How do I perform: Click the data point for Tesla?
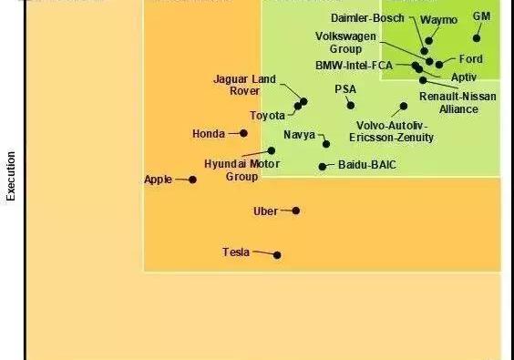[x=277, y=255]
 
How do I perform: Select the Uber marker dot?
[x=295, y=211]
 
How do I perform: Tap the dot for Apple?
[x=192, y=180]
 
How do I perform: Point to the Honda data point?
[x=243, y=133]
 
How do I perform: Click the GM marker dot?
[x=477, y=38]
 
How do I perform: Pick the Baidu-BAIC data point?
[x=322, y=166]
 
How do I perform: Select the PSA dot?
[x=350, y=105]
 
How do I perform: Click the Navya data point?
[x=326, y=144]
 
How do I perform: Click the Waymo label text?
[x=438, y=20]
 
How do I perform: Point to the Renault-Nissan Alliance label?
[x=458, y=103]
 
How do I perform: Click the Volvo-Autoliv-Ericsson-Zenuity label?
[x=392, y=131]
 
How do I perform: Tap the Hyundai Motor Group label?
[x=242, y=170]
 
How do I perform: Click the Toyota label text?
[x=268, y=116]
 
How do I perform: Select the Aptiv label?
[x=464, y=77]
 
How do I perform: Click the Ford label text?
[x=470, y=59]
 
